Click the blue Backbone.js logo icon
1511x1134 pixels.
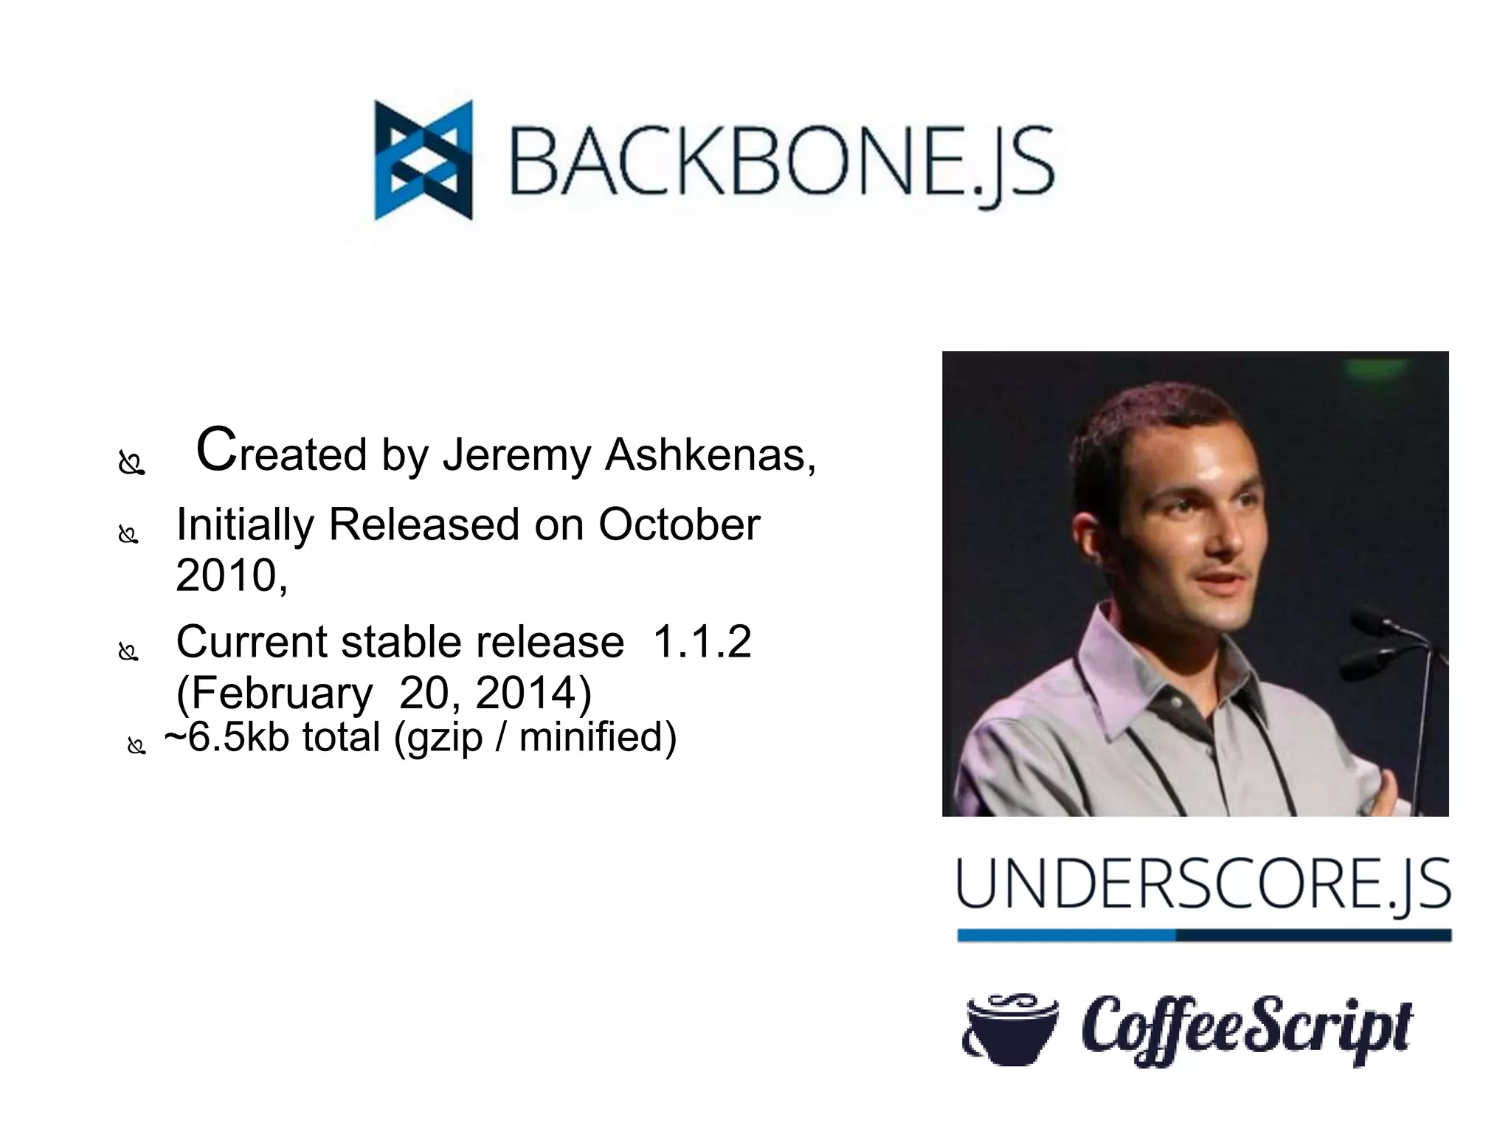coord(423,160)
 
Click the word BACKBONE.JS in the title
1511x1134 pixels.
coord(782,162)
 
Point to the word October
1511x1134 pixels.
coord(679,525)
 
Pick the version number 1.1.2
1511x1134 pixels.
coord(702,641)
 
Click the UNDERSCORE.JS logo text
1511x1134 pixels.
coord(1203,885)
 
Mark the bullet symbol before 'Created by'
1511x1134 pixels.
coord(131,464)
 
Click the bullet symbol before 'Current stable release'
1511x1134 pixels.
coord(128,652)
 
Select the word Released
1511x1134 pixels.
coord(423,525)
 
